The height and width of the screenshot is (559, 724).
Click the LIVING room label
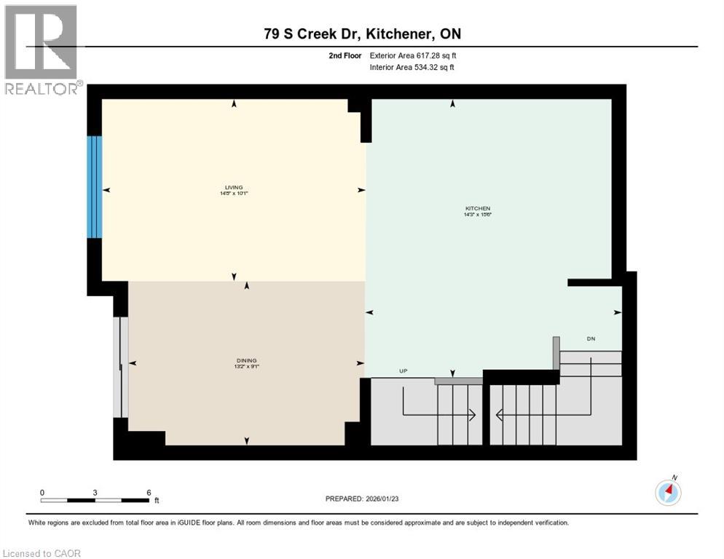coord(233,187)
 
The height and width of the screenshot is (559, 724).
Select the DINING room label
coord(246,360)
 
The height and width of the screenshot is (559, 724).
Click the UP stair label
coord(403,371)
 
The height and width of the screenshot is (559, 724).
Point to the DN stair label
coord(591,338)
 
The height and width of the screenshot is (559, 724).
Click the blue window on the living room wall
coord(94,187)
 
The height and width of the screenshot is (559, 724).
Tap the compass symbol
coord(667,492)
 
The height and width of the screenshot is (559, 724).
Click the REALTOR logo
coord(42,49)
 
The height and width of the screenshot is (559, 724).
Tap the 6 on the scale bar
coord(149,492)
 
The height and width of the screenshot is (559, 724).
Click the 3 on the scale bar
coord(95,492)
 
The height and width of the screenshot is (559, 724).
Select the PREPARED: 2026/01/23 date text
coord(362,499)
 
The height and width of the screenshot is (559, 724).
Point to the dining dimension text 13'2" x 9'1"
coord(246,367)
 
